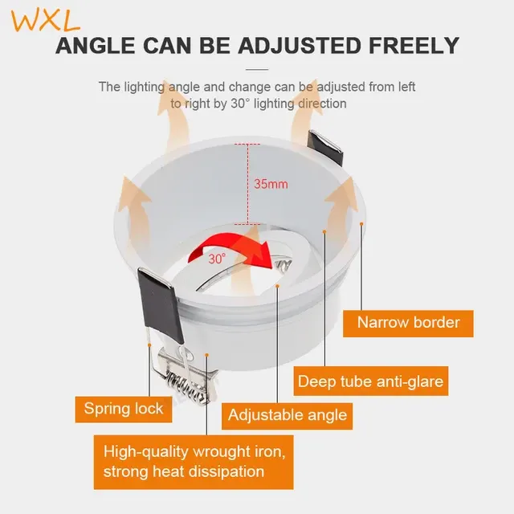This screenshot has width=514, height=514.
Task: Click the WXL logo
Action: [46, 21]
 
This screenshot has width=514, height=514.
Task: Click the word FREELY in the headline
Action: [414, 46]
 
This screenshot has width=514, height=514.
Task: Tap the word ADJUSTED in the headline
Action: [300, 46]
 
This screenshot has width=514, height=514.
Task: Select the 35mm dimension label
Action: [271, 184]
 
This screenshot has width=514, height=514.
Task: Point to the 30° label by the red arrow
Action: [217, 259]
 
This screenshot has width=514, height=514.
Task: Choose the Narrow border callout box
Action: [408, 323]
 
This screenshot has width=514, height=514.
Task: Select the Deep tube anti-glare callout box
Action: [371, 381]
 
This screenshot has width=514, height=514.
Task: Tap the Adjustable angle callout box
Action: [288, 416]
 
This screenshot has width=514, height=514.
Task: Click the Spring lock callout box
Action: [124, 409]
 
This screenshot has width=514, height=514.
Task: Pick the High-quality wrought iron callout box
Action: [194, 463]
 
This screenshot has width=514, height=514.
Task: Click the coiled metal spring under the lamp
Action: [187, 385]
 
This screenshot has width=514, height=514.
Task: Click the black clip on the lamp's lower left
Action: [160, 305]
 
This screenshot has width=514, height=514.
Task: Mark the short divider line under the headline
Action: [257, 70]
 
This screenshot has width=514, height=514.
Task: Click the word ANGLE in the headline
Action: [96, 46]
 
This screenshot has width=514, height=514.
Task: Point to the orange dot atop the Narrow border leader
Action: [361, 223]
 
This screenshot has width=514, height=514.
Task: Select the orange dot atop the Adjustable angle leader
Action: [277, 286]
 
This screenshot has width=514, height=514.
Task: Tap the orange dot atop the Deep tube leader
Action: [324, 231]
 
